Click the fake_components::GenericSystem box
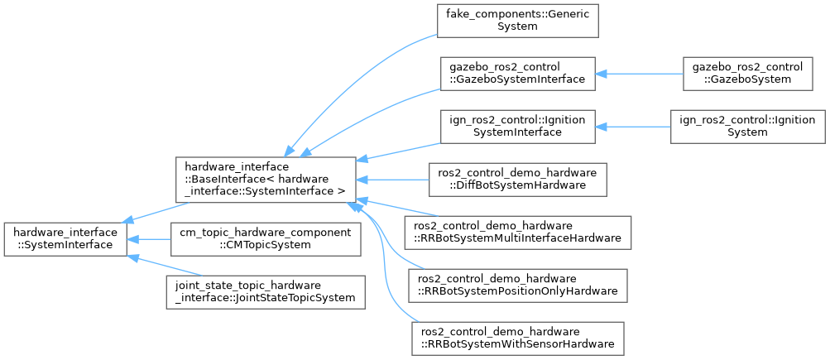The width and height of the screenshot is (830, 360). tap(517, 20)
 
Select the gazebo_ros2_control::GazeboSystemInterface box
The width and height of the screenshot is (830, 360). tap(517, 73)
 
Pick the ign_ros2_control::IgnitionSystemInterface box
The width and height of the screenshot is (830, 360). tap(517, 126)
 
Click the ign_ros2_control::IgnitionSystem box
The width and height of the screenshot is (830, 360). tap(747, 126)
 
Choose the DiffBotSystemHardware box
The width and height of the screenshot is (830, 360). tap(517, 179)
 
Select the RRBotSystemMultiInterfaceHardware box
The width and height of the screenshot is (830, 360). tap(517, 232)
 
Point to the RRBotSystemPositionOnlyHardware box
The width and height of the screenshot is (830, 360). tap(517, 285)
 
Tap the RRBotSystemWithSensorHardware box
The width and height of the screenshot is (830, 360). tap(517, 338)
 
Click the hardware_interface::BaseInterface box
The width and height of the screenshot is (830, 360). tap(266, 179)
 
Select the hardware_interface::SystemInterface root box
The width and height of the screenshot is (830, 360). tap(65, 238)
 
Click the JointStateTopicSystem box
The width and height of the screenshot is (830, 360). tap(265, 291)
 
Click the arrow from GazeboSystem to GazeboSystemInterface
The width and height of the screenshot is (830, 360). tap(638, 73)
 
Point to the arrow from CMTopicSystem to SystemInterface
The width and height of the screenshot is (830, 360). tap(148, 238)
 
